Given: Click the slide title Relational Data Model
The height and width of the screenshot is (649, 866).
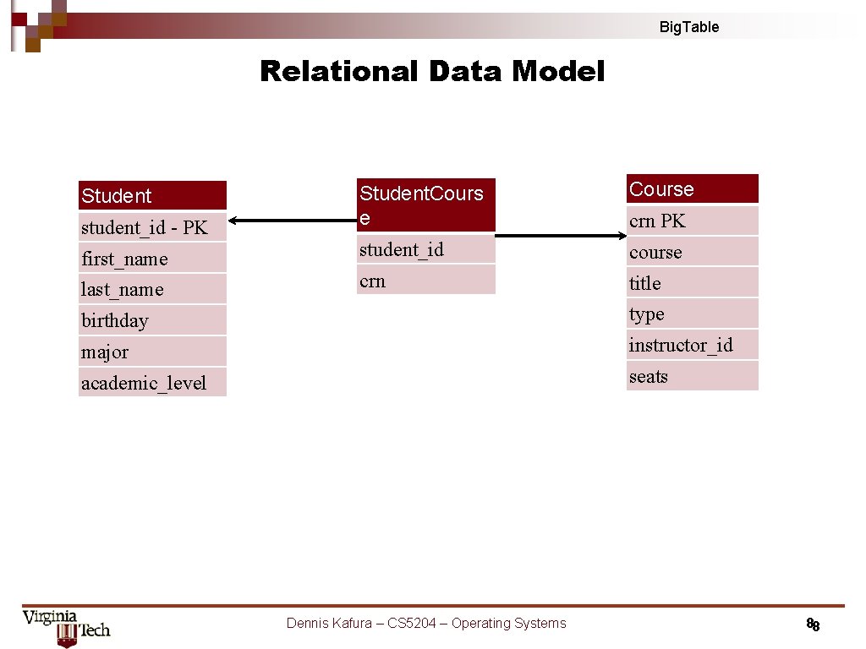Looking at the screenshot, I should tap(432, 72).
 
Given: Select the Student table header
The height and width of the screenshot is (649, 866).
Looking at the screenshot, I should tap(152, 196).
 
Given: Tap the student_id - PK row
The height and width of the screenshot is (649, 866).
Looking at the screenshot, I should tap(152, 227).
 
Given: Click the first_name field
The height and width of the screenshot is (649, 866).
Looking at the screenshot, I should tap(152, 259).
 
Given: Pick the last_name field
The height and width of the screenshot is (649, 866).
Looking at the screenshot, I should tap(152, 290).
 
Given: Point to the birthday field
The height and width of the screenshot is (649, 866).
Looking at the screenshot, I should tap(152, 321).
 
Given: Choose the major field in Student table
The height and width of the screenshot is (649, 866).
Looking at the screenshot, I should tap(152, 352).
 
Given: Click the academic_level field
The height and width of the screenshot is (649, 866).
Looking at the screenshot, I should tap(152, 383).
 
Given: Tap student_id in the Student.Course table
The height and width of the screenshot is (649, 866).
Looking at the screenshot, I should tap(426, 249).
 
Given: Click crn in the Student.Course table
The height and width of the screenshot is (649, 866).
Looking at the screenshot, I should tap(426, 281).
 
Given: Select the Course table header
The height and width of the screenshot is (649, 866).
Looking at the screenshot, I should tap(692, 189).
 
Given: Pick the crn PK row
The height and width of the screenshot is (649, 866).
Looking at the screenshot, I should tap(692, 221).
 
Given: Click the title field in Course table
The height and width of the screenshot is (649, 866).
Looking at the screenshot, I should tap(692, 283).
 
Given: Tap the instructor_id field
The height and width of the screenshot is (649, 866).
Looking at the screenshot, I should tap(692, 345).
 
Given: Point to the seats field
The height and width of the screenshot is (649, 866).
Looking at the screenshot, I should tap(692, 376).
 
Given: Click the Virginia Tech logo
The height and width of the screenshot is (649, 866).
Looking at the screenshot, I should tap(66, 627).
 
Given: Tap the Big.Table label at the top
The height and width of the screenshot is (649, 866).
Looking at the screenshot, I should tap(688, 27).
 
